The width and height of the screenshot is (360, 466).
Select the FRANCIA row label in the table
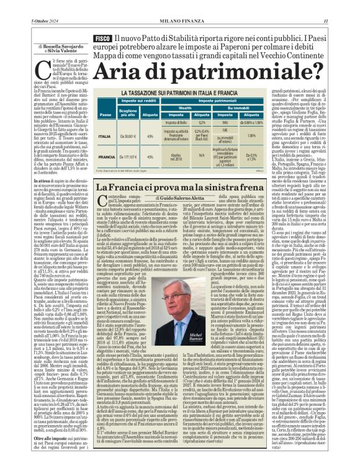(105, 158)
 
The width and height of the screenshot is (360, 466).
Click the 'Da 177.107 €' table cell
(127, 158)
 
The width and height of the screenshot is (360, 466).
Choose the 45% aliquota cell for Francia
(149, 158)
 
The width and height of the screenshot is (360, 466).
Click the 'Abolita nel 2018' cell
(175, 158)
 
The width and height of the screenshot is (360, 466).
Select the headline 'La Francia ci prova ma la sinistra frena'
(176, 188)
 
